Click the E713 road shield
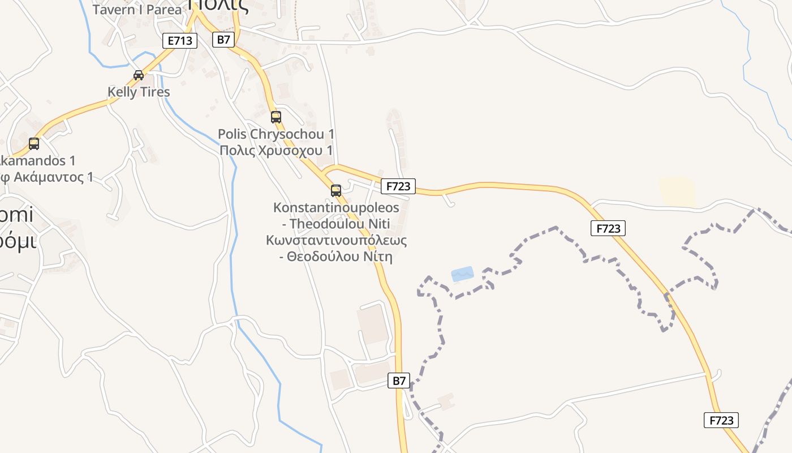click(x=180, y=40)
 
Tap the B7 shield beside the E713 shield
click(x=223, y=39)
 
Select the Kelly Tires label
click(x=139, y=92)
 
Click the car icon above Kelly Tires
click(x=138, y=75)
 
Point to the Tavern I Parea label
click(x=137, y=10)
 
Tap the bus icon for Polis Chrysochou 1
click(x=276, y=117)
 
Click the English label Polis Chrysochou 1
click(x=276, y=134)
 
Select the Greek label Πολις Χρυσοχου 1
click(x=276, y=150)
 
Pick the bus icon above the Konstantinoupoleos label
click(x=336, y=190)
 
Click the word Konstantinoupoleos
click(x=336, y=207)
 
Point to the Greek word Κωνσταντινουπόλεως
click(x=336, y=240)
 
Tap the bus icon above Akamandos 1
click(x=34, y=143)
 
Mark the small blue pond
click(x=462, y=274)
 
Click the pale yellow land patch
click(x=678, y=191)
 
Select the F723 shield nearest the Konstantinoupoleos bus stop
click(x=398, y=186)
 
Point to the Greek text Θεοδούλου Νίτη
click(x=336, y=257)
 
